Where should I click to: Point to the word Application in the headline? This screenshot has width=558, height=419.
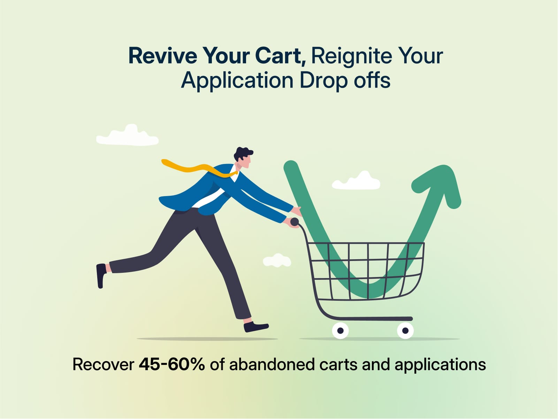pos(237,81)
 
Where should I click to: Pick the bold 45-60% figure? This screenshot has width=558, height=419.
pos(172,365)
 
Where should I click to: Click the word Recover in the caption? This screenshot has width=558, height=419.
pos(103,365)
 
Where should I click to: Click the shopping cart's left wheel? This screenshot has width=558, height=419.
pos(341,330)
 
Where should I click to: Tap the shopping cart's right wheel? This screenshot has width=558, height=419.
pos(405,330)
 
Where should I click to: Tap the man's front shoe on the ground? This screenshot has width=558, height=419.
pos(256,327)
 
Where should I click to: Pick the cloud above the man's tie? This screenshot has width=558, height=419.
pos(128,136)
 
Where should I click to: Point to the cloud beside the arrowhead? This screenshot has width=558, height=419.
pos(356,181)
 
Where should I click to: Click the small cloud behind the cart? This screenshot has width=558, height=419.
pos(277,261)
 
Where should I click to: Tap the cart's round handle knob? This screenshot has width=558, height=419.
pos(295,222)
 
